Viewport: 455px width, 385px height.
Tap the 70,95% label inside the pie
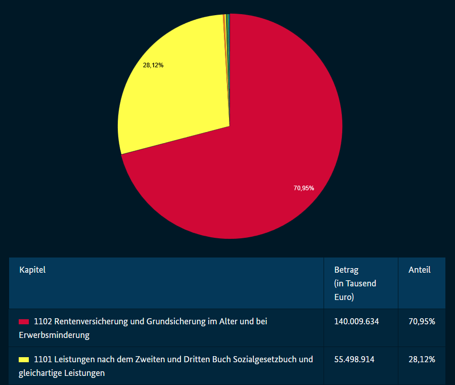[304, 188]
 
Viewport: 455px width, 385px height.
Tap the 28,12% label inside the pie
[153, 65]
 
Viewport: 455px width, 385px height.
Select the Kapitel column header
[32, 270]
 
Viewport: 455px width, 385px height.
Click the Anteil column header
[419, 270]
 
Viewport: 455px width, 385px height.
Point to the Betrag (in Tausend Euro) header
[355, 283]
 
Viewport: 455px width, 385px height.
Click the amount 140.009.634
[356, 322]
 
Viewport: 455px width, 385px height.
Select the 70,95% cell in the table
[422, 322]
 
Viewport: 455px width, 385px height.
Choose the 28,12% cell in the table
[422, 360]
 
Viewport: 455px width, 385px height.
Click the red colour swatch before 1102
[24, 322]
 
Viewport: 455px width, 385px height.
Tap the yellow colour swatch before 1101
[24, 360]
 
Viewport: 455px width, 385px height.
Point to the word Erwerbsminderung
[54, 335]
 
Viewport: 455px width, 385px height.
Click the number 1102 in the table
[43, 322]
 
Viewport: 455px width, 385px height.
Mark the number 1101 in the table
[43, 360]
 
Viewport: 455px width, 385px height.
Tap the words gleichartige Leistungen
[62, 373]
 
